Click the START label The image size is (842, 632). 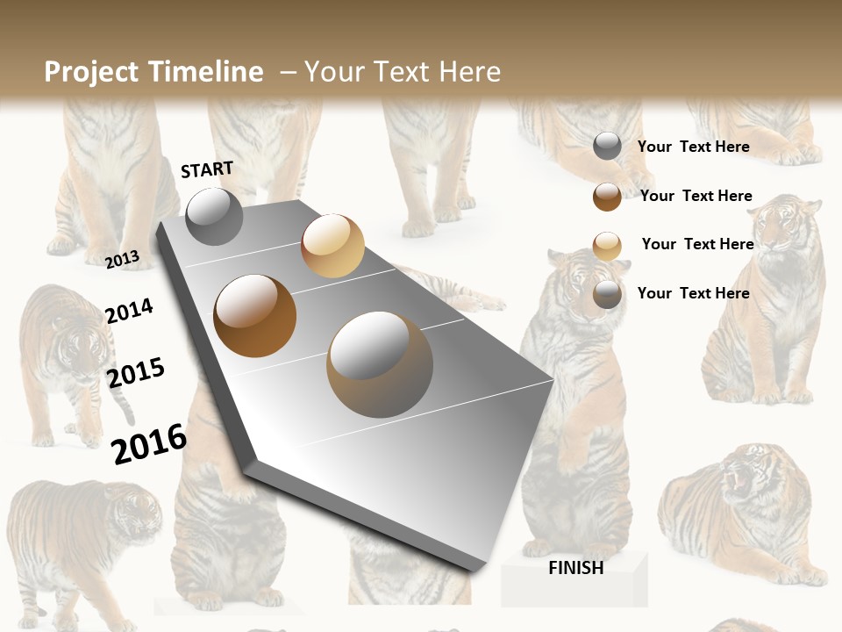click(207, 169)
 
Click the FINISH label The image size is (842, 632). click(575, 568)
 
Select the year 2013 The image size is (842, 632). click(123, 259)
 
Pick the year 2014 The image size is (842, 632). click(129, 311)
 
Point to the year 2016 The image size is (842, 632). click(149, 443)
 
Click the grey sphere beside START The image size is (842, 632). click(214, 216)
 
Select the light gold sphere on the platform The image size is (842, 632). click(332, 246)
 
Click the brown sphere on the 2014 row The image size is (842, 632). click(255, 316)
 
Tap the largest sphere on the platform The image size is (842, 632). click(380, 364)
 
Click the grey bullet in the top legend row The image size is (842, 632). click(607, 147)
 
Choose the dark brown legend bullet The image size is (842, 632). click(607, 197)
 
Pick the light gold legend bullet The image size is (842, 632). click(607, 246)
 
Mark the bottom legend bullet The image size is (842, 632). click(607, 294)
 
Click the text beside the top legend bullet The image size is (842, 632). click(693, 147)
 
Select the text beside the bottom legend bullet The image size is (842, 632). click(693, 293)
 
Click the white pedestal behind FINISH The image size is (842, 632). click(574, 584)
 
